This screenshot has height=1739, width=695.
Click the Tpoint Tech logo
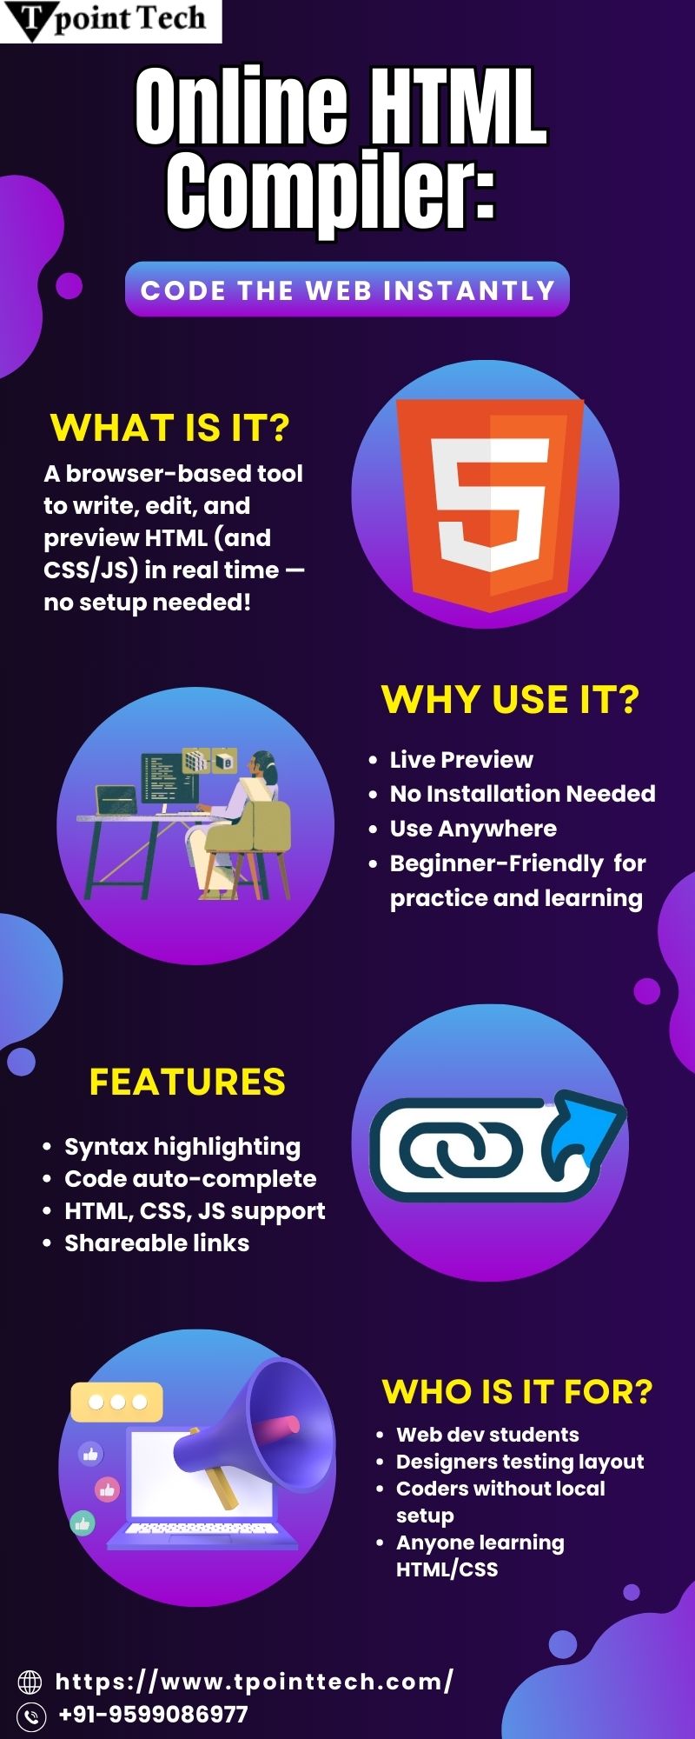[110, 21]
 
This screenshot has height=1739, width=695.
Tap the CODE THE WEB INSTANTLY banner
[347, 290]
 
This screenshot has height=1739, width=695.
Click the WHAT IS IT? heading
[170, 428]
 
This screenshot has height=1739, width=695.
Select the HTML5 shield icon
[489, 504]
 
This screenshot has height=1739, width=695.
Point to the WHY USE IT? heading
[510, 700]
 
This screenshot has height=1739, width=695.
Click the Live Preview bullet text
[461, 760]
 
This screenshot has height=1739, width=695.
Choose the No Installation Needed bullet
[522, 794]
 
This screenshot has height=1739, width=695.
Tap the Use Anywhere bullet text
[473, 829]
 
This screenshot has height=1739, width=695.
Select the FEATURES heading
[188, 1083]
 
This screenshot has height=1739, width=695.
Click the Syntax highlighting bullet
[182, 1148]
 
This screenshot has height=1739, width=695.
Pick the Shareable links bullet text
[156, 1243]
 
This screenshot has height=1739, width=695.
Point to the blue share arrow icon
[582, 1139]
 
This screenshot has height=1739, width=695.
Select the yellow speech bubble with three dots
[116, 1402]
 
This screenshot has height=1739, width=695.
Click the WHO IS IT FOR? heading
[517, 1392]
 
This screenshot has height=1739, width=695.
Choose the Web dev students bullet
[487, 1435]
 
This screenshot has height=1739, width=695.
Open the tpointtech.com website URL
[254, 1682]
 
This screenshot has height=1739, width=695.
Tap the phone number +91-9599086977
[153, 1715]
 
